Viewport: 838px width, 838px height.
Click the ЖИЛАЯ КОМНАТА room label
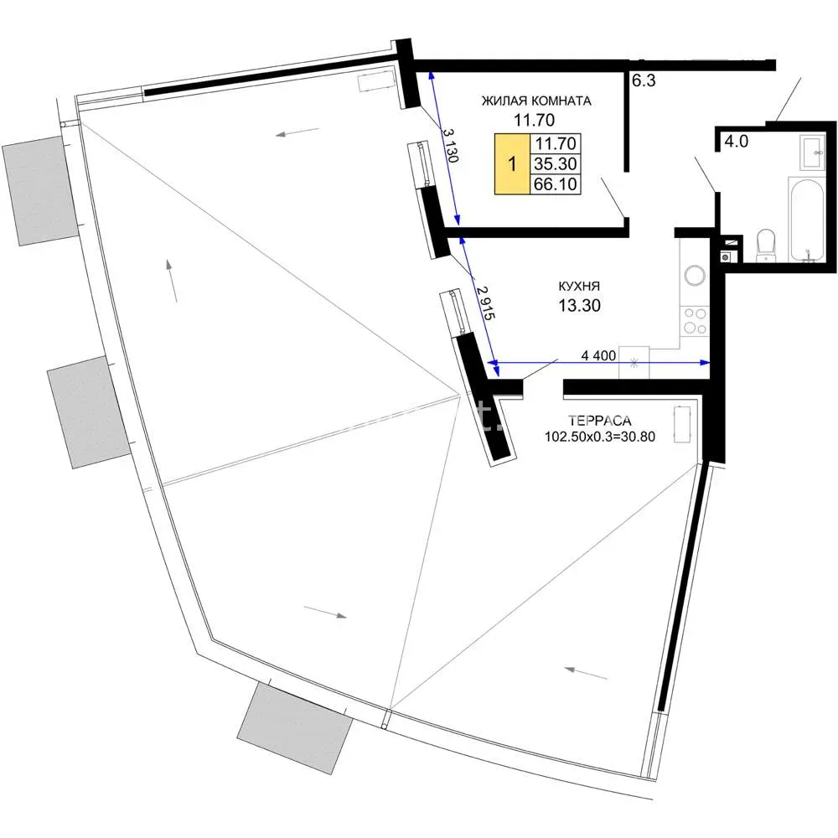click(x=536, y=101)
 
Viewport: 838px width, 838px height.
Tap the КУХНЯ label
click(x=579, y=286)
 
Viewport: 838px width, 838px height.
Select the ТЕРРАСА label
click(x=600, y=420)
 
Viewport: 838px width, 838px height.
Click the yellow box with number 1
click(x=512, y=163)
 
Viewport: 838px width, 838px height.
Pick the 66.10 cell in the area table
click(x=556, y=184)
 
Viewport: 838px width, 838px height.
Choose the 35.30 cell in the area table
click(x=556, y=163)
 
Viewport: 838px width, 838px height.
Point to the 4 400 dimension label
click(x=598, y=355)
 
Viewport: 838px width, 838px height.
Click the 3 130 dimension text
click(x=450, y=144)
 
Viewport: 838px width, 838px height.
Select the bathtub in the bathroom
click(x=807, y=220)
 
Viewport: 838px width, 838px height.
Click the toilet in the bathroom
click(x=766, y=246)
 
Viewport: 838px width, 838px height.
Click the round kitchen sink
click(x=695, y=275)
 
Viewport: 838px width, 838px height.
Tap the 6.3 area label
click(x=644, y=80)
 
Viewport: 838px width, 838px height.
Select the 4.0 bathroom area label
click(x=736, y=142)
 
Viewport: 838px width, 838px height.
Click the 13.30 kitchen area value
click(x=579, y=305)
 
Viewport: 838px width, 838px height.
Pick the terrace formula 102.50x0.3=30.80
click(x=600, y=436)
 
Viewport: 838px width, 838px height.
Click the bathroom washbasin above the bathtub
click(x=812, y=153)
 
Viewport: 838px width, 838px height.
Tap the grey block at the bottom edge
click(x=294, y=727)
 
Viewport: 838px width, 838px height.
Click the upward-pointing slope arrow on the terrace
click(x=172, y=281)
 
